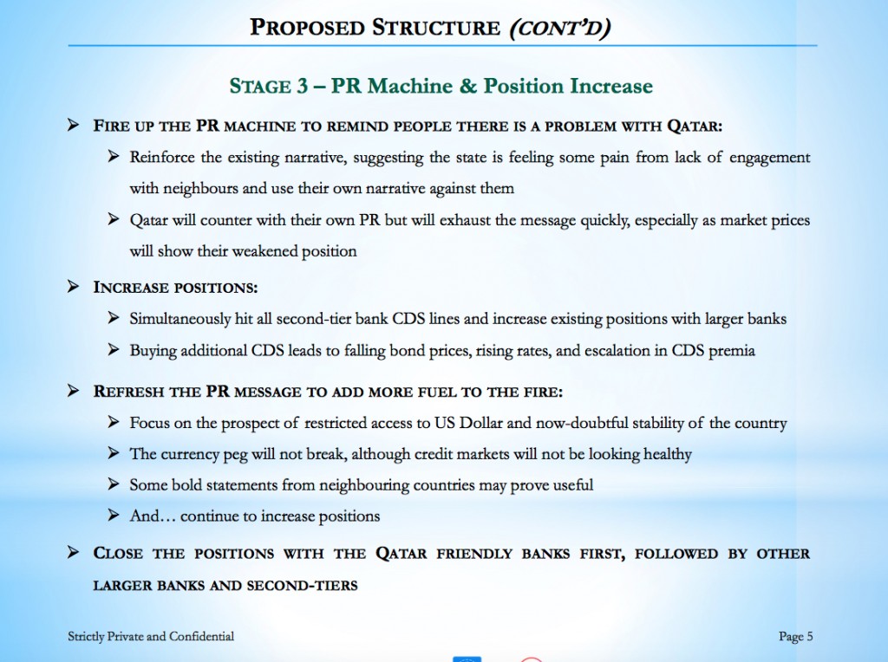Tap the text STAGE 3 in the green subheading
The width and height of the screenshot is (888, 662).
[x=259, y=87]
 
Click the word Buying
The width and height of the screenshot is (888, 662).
[x=152, y=350]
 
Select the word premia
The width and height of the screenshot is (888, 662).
[x=735, y=350]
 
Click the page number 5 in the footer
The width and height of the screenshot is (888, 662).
[x=809, y=637]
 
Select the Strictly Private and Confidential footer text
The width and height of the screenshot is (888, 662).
[x=151, y=637]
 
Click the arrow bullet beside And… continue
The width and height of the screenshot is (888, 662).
[x=113, y=516]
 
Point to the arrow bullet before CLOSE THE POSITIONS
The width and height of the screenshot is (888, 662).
[x=74, y=554]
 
